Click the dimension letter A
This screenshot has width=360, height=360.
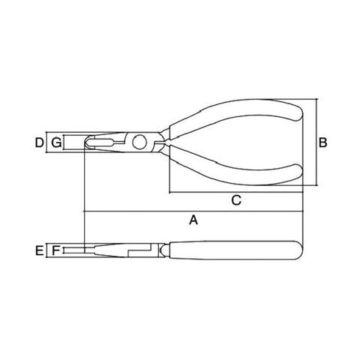point(193,220)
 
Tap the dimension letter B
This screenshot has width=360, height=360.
point(322,142)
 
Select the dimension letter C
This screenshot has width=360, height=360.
point(236,200)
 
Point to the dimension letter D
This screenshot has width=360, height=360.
point(39,142)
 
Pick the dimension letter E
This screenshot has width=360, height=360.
point(39,250)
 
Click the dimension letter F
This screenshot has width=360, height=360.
point(55,250)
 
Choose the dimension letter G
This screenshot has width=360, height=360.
point(56,142)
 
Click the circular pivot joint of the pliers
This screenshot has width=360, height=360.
point(139,142)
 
